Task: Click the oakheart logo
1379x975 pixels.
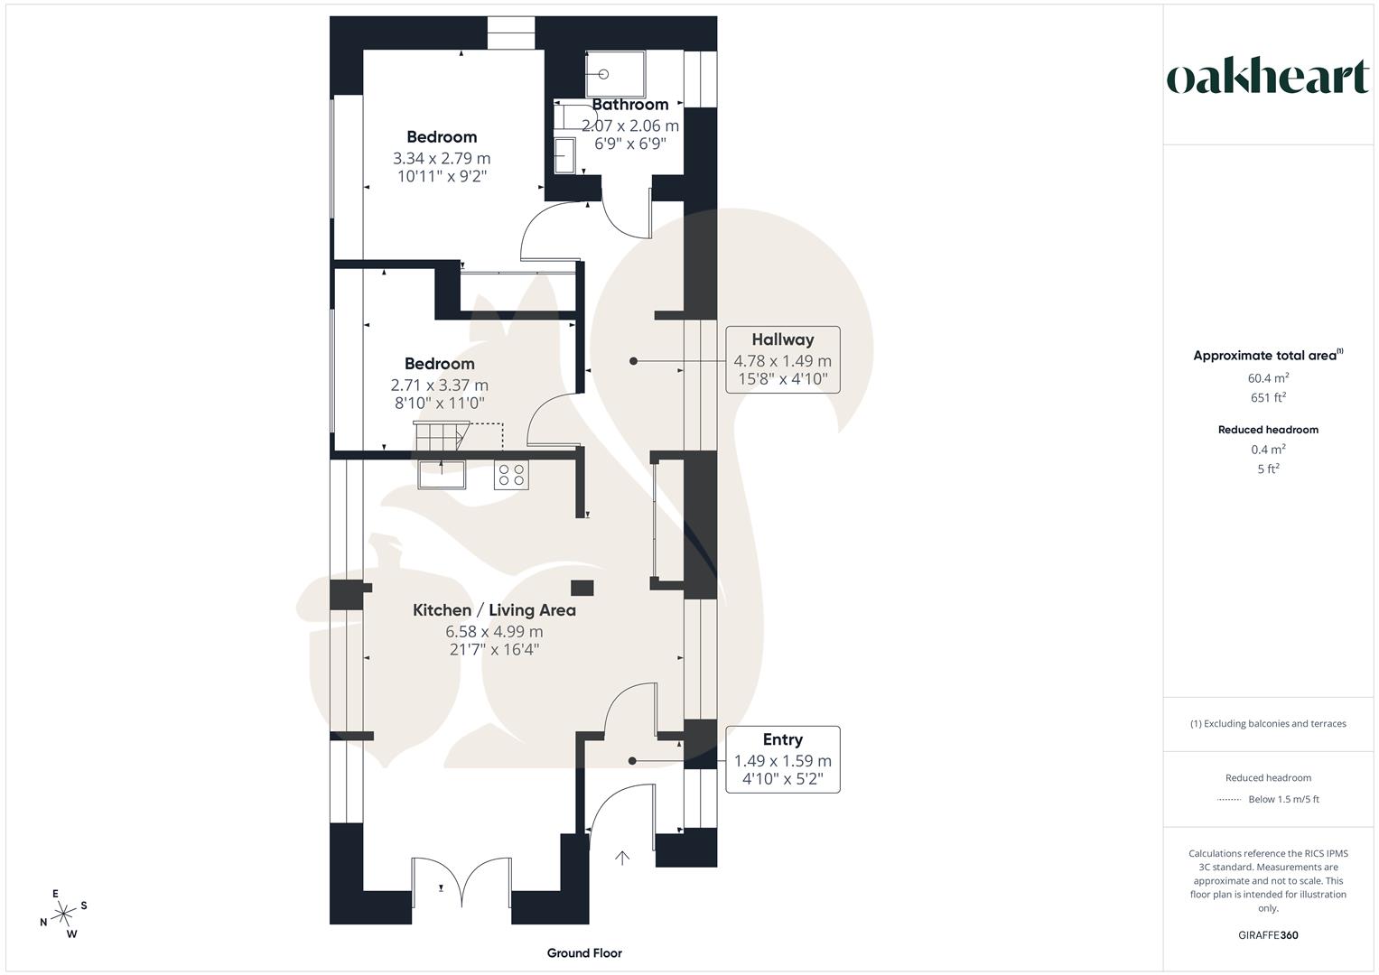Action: (x=1268, y=78)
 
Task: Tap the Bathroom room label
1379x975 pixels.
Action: (x=630, y=105)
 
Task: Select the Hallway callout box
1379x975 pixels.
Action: (x=783, y=359)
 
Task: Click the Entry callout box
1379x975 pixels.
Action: (x=783, y=759)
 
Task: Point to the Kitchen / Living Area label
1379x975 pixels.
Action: (x=494, y=610)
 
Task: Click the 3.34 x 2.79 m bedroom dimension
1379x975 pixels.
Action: (x=442, y=158)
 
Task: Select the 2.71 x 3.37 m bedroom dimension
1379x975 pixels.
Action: (x=440, y=385)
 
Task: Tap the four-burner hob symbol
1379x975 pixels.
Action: (x=511, y=475)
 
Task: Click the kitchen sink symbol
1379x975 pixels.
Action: (x=442, y=474)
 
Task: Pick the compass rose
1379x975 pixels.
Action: (x=63, y=915)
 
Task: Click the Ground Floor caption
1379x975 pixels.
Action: (x=584, y=952)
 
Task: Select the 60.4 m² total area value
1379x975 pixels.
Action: (x=1268, y=378)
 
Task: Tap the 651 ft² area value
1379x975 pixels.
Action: (x=1268, y=397)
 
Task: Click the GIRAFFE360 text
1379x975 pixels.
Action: (x=1268, y=935)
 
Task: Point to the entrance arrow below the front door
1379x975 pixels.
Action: (x=622, y=858)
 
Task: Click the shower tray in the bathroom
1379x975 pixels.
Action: (x=616, y=73)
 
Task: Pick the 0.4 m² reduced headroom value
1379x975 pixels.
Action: (x=1268, y=450)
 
